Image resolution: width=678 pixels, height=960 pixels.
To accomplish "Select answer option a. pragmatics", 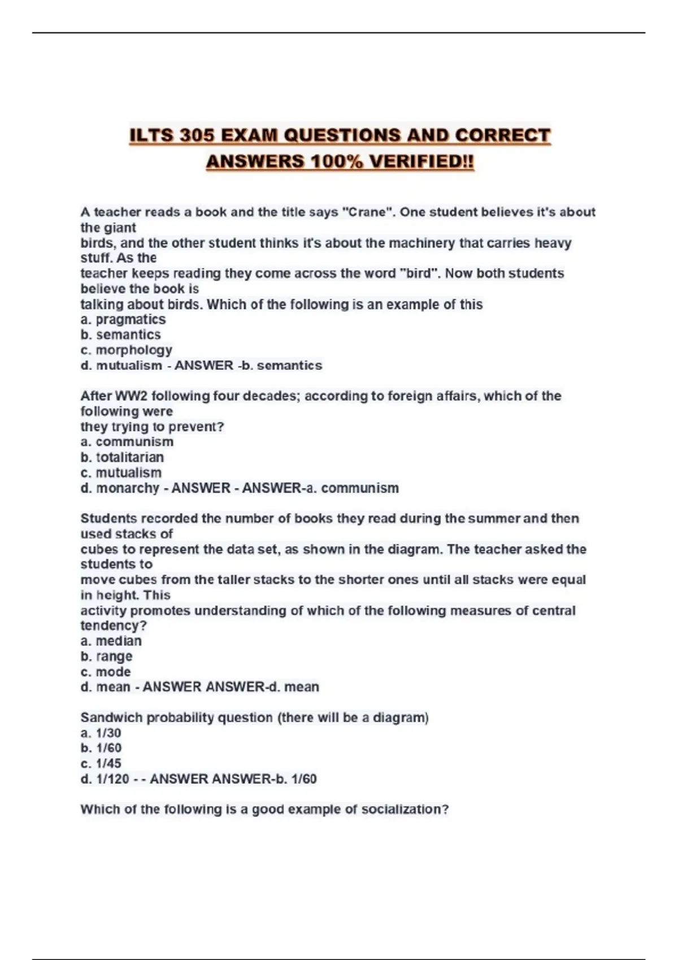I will tap(123, 320).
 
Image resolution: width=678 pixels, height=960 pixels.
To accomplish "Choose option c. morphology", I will tap(126, 350).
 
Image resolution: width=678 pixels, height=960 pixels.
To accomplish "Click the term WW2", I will tap(131, 396).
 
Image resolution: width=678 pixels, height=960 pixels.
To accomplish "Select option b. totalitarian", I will tap(122, 457).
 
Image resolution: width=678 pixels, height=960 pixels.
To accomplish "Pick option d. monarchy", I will tap(120, 488).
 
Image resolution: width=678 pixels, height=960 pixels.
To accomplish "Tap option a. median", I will tap(111, 641).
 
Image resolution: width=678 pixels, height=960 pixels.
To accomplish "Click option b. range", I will tap(107, 656).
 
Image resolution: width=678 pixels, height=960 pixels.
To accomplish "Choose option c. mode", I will tap(106, 672).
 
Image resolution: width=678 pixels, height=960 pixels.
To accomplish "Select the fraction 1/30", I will tap(108, 733).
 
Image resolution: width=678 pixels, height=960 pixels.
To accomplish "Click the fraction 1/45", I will tap(108, 763).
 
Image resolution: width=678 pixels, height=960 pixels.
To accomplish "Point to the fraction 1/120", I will tap(112, 779).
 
